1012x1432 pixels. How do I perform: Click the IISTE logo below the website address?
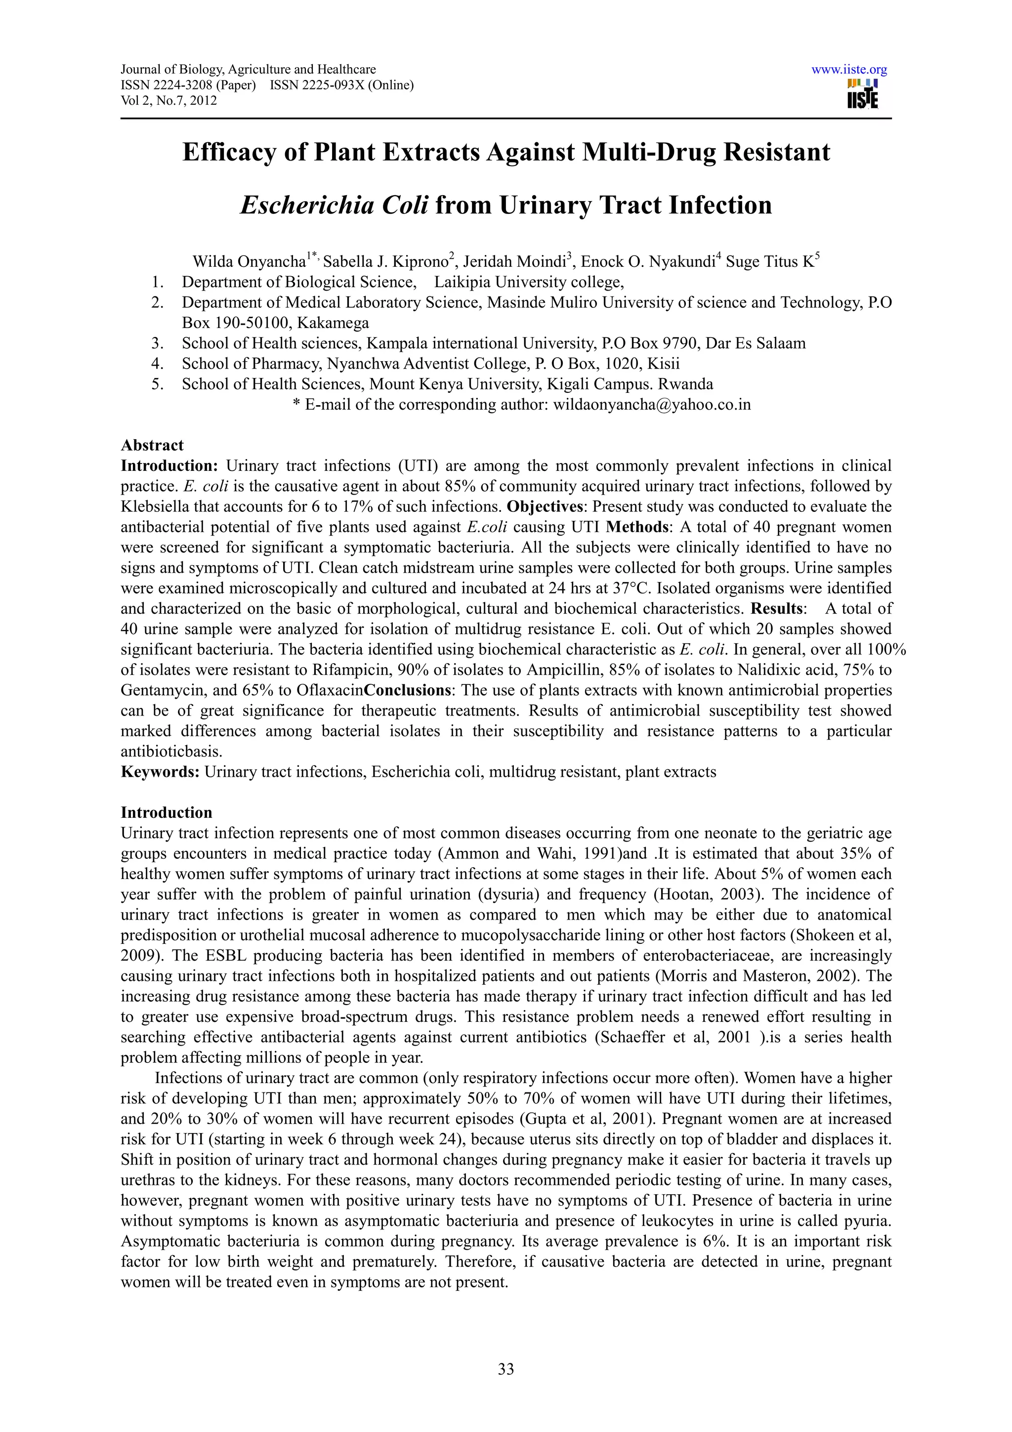[862, 94]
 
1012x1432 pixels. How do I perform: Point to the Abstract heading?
[152, 445]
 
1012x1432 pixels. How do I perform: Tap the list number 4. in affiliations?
[157, 364]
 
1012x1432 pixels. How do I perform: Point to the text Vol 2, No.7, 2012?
[169, 100]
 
